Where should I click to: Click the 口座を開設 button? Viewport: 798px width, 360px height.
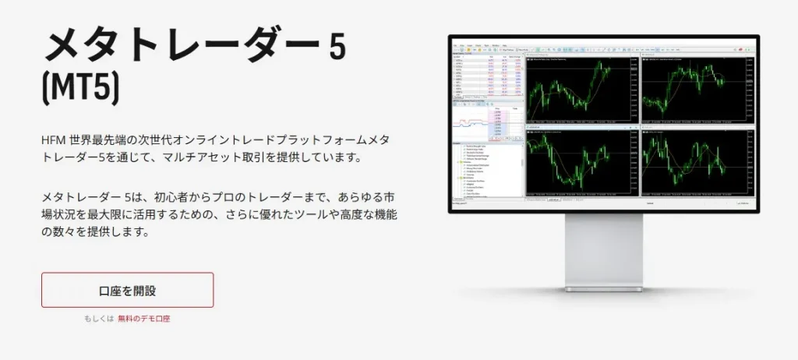127,290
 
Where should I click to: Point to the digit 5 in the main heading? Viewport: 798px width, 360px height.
337,48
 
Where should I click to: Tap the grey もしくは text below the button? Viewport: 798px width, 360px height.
99,319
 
